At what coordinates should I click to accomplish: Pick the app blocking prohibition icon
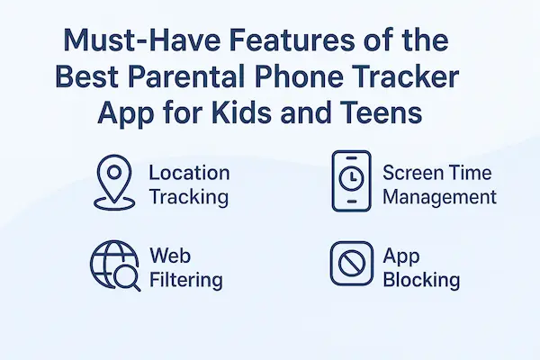349,266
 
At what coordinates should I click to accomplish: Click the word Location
188,172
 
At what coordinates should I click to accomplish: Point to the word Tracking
188,196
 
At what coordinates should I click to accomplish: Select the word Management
439,196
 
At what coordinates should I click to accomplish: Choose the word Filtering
185,280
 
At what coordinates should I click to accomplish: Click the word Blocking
421,280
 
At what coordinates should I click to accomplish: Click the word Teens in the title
391,117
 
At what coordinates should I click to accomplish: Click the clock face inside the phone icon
349,180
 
